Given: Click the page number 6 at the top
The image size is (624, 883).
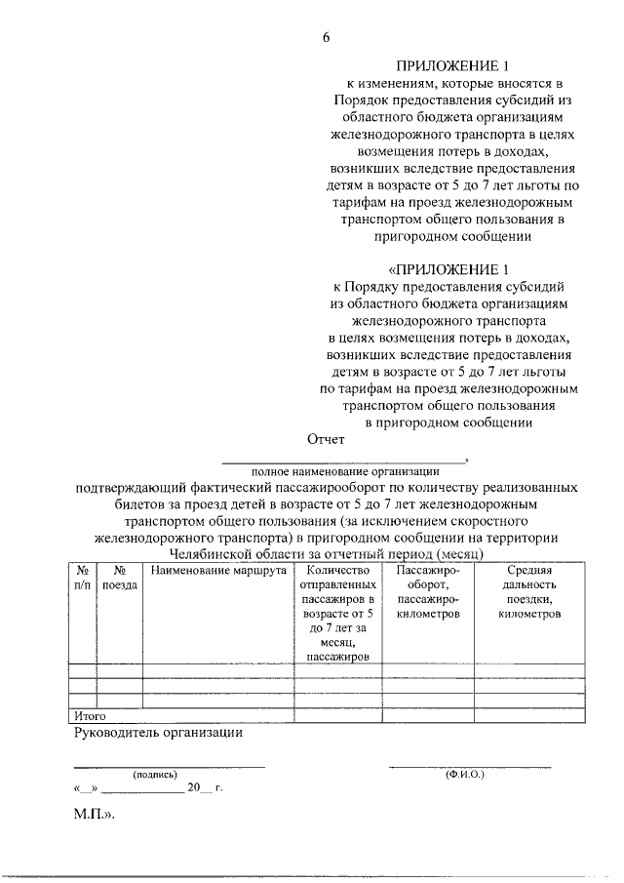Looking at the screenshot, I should [x=327, y=37].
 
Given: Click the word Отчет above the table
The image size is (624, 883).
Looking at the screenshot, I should [x=327, y=440].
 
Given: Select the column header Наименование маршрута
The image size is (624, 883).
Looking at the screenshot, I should [x=218, y=570].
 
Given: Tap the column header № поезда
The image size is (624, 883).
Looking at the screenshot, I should [x=119, y=578].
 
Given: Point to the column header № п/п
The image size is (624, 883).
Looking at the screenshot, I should [x=83, y=578].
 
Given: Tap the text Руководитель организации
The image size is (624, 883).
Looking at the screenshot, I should [x=158, y=732].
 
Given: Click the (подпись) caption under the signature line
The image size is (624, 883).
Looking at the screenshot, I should [x=155, y=774].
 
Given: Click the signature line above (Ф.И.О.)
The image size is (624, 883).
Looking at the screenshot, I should [x=470, y=766].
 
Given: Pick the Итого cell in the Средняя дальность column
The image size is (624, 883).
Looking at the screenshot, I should [x=529, y=715].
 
